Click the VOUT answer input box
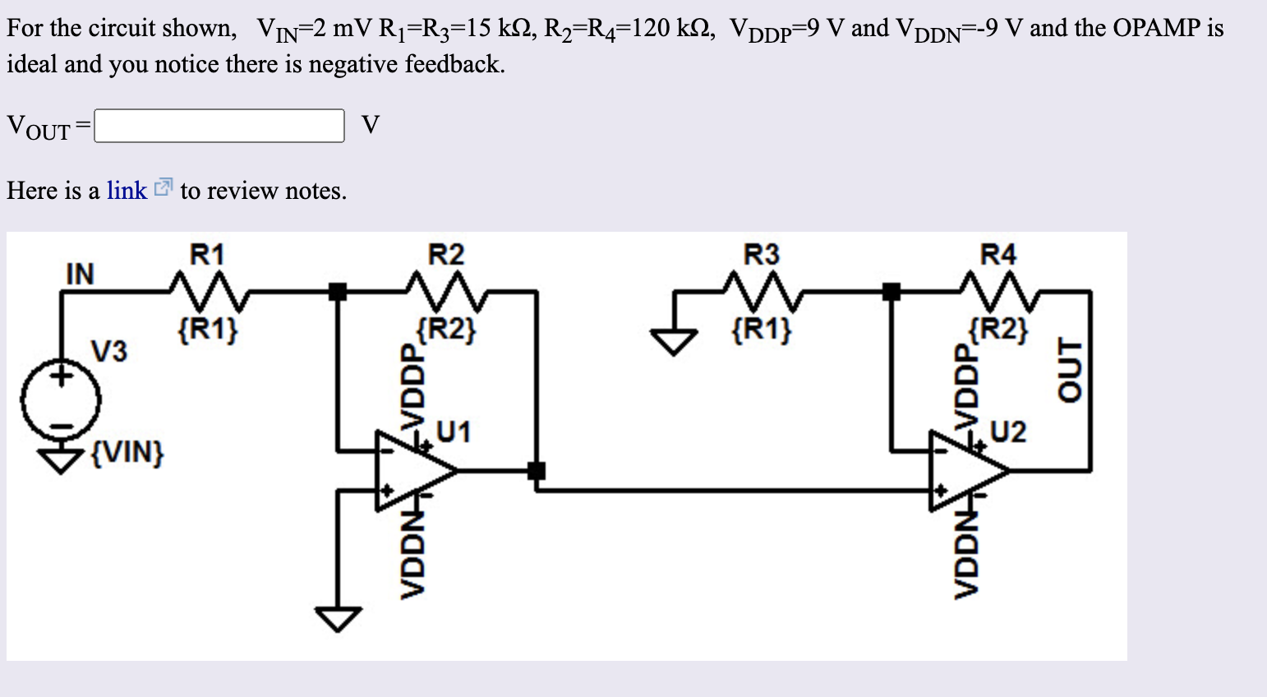pyautogui.click(x=219, y=126)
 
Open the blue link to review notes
pyautogui.click(x=127, y=191)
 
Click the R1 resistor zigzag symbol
pyautogui.click(x=208, y=289)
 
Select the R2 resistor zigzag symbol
pyautogui.click(x=446, y=289)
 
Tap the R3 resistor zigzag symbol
pyautogui.click(x=761, y=289)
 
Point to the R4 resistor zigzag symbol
pyautogui.click(x=998, y=289)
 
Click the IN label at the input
pyautogui.click(x=80, y=274)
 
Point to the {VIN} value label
pyautogui.click(x=127, y=452)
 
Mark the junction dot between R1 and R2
pyautogui.click(x=337, y=291)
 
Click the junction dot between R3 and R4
pyautogui.click(x=891, y=291)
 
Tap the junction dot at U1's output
pyautogui.click(x=537, y=471)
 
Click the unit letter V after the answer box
pyautogui.click(x=371, y=125)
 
